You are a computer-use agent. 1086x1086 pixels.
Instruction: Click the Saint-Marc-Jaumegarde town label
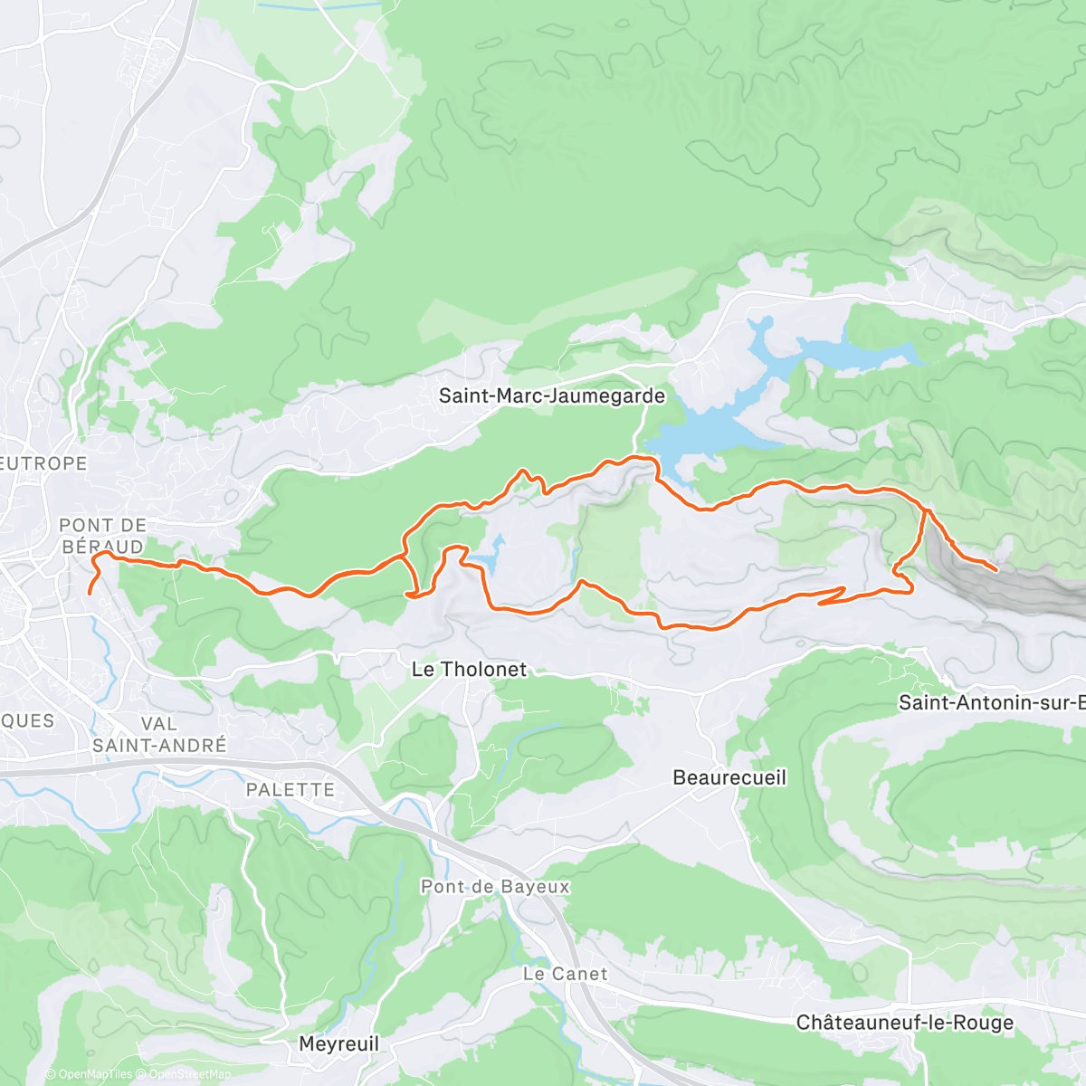point(551,395)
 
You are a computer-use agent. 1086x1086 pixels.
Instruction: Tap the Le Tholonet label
point(469,670)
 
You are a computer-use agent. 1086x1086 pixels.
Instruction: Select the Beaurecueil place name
point(729,777)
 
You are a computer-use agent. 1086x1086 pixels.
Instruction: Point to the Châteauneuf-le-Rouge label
point(904,1023)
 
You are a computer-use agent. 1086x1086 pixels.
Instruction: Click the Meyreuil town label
point(338,1043)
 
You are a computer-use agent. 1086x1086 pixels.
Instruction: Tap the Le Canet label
point(566,974)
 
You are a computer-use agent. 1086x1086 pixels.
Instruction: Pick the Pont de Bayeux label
point(495,887)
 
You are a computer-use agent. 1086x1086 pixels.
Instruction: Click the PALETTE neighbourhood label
point(291,789)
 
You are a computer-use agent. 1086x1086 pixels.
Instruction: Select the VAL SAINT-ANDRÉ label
point(159,735)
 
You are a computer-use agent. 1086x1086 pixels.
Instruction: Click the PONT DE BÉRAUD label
point(102,536)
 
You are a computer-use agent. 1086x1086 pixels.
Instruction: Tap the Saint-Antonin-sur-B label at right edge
point(991,702)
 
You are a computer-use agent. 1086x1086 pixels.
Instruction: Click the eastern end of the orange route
point(996,570)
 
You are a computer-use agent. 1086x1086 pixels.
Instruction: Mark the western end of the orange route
point(89,593)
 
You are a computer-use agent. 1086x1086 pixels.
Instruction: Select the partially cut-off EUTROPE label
point(43,463)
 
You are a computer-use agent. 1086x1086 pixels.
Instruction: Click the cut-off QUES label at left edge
point(27,720)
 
